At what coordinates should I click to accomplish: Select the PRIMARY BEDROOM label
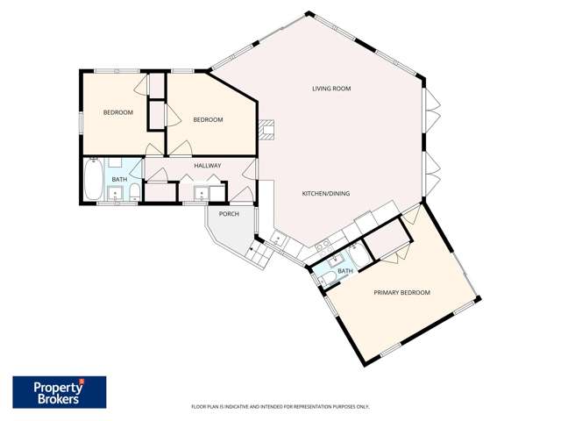[x=401, y=292]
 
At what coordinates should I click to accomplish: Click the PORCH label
[x=229, y=214]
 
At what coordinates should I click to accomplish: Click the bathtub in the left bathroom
[x=93, y=181]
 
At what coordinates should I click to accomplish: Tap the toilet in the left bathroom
[x=133, y=192]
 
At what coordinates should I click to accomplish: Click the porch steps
[x=260, y=255]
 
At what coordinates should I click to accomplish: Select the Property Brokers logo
[x=60, y=392]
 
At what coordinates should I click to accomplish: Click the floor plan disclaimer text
[x=280, y=407]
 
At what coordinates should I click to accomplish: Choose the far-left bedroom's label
[x=118, y=112]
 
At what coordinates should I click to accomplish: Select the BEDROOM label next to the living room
[x=208, y=119]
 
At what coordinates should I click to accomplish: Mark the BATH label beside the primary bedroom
[x=345, y=271]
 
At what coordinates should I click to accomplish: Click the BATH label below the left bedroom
[x=118, y=180]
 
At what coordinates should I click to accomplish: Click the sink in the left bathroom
[x=115, y=194]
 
